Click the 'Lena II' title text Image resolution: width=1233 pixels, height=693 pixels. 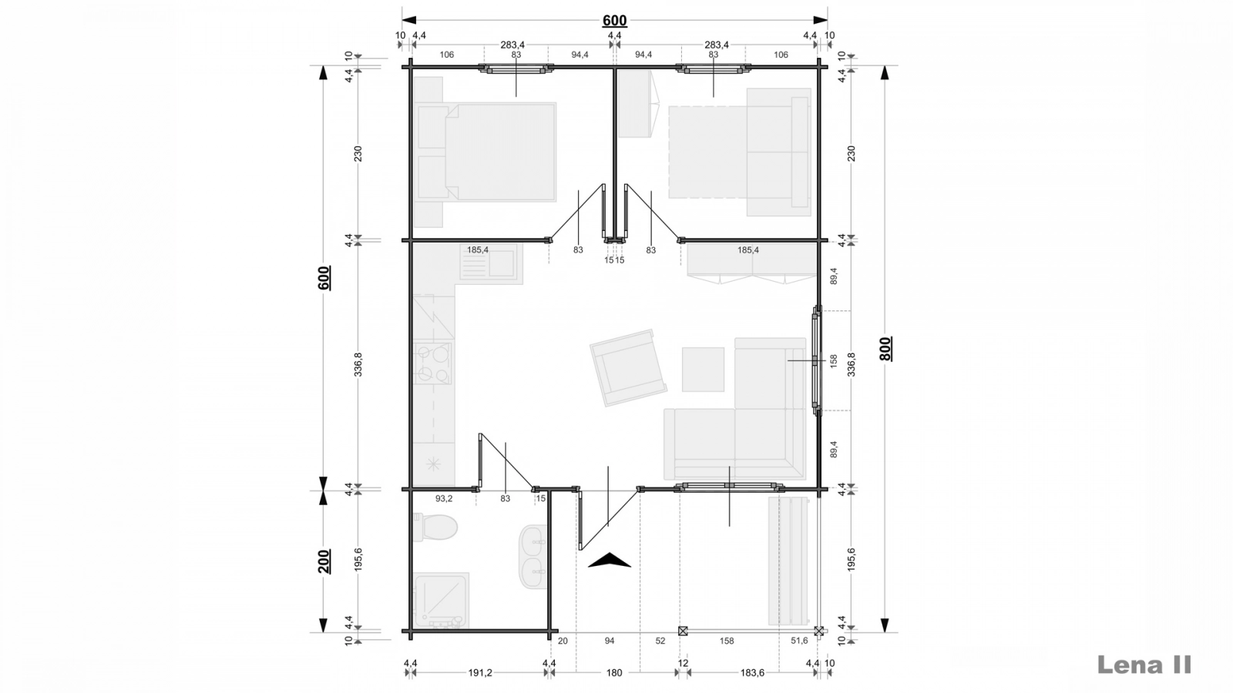pyautogui.click(x=1144, y=665)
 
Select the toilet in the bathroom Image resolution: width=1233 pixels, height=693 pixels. pyautogui.click(x=435, y=527)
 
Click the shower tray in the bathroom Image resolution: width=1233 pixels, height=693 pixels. pyautogui.click(x=442, y=601)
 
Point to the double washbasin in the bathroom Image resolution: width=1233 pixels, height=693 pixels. pyautogui.click(x=533, y=557)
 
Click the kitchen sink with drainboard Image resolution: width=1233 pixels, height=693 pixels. pyautogui.click(x=491, y=263)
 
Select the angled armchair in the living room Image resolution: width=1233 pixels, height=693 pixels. pyautogui.click(x=628, y=368)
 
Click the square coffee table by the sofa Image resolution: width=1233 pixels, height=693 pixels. pyautogui.click(x=703, y=369)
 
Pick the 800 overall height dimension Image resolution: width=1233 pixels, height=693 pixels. pyautogui.click(x=885, y=349)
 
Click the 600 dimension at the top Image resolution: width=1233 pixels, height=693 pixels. pyautogui.click(x=614, y=20)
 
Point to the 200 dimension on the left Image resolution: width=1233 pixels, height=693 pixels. pyautogui.click(x=324, y=561)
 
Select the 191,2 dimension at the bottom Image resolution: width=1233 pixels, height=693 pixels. pyautogui.click(x=480, y=673)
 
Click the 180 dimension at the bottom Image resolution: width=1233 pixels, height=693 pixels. pyautogui.click(x=614, y=673)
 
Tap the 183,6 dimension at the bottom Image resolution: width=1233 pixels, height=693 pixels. pyautogui.click(x=752, y=673)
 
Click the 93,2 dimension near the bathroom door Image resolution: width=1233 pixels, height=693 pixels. pyautogui.click(x=444, y=498)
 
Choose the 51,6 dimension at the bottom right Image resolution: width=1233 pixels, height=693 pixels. pyautogui.click(x=799, y=641)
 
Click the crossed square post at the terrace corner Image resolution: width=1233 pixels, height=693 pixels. pyautogui.click(x=819, y=631)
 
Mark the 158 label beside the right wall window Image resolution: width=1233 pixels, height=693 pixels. pyautogui.click(x=833, y=361)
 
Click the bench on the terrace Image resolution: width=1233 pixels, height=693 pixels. pyautogui.click(x=789, y=561)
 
